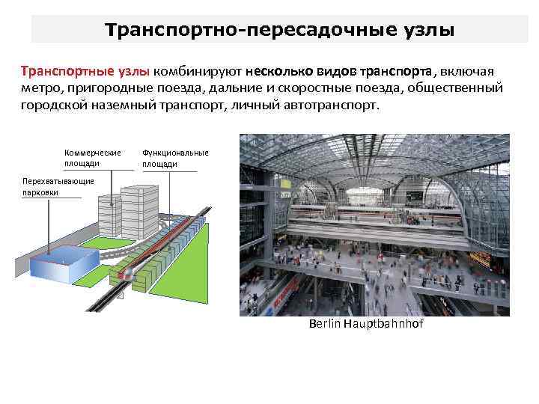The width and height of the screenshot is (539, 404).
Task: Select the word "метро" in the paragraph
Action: tap(40, 89)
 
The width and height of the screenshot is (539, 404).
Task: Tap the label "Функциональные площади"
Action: tap(174, 158)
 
